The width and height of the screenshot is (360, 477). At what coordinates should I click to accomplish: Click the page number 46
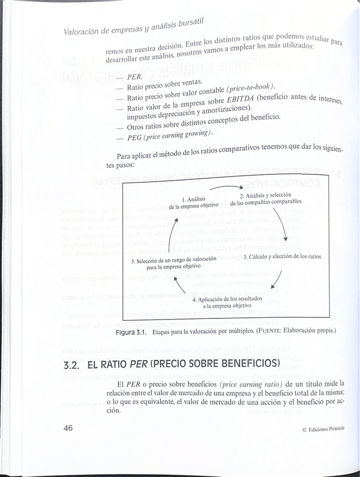pos(69,429)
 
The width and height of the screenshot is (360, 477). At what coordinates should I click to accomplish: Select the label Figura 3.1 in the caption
pos(131,331)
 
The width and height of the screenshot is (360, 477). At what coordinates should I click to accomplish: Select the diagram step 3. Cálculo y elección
pos(282,256)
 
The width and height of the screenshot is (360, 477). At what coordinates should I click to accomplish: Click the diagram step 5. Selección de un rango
pos(173,263)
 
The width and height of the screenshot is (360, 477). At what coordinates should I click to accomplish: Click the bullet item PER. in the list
pos(134,76)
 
